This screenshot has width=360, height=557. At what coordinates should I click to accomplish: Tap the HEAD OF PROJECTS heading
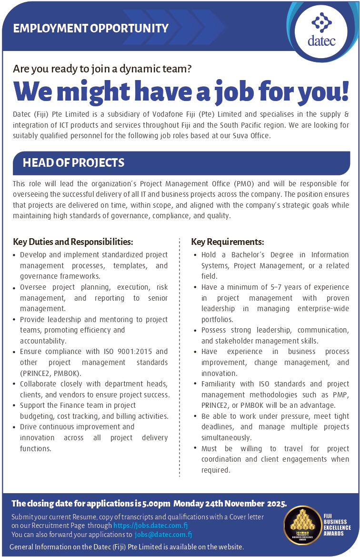click(x=73, y=163)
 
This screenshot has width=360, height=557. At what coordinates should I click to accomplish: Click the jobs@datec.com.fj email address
click(x=163, y=535)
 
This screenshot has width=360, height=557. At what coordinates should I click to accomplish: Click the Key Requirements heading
click(x=228, y=242)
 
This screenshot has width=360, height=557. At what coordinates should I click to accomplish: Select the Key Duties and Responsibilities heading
click(x=73, y=242)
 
